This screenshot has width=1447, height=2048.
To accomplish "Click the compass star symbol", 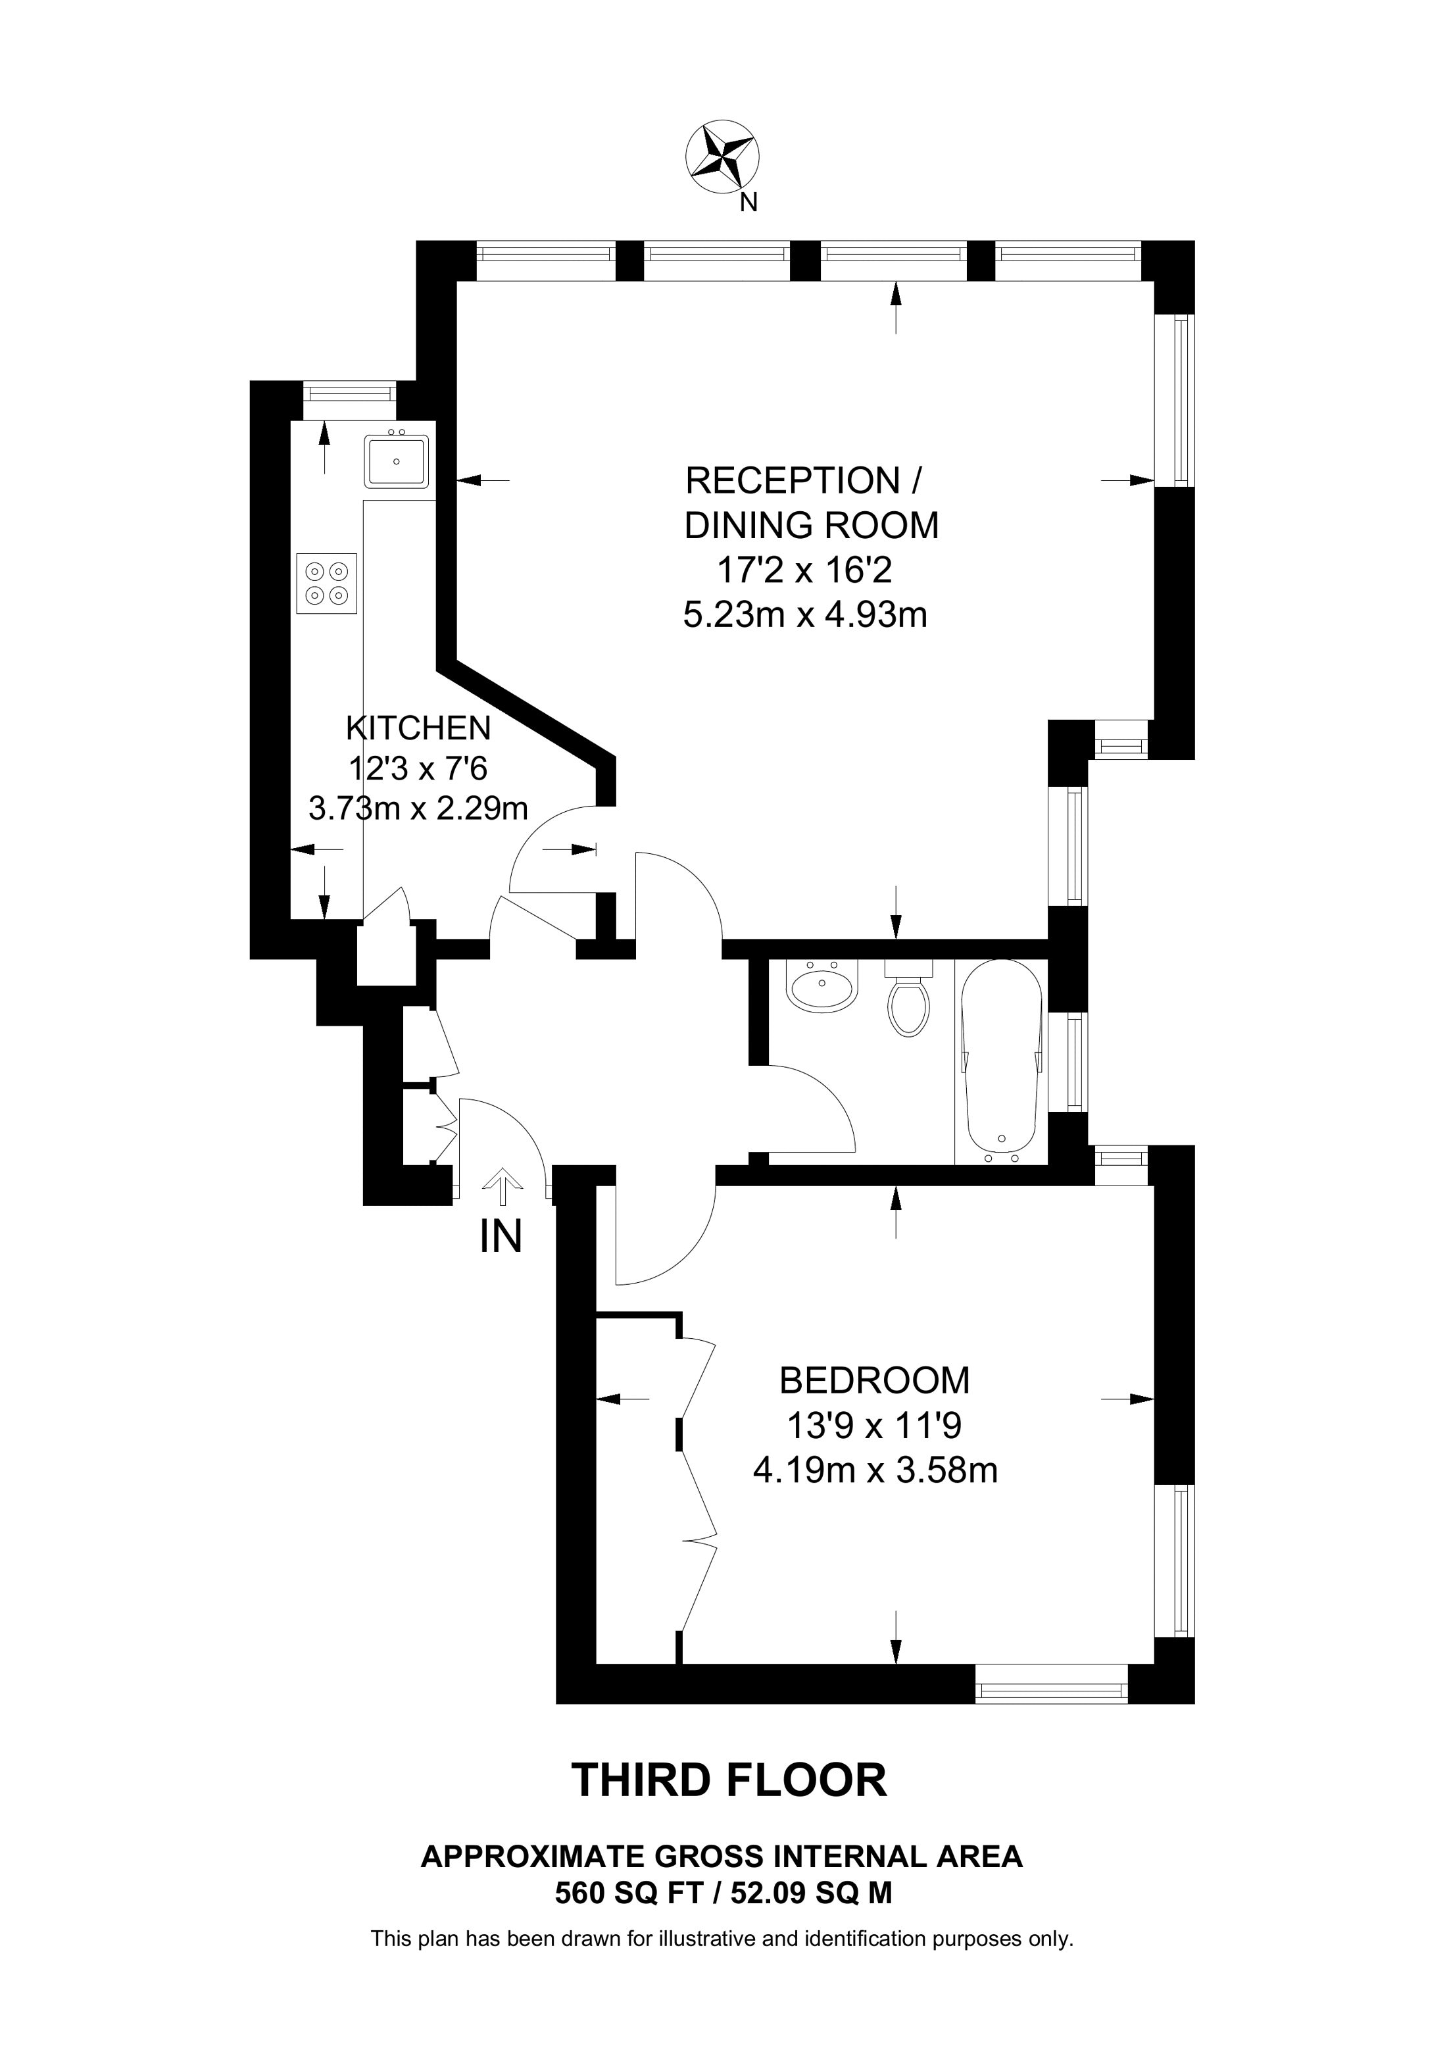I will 722,157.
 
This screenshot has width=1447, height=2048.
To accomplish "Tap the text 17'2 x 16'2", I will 804,570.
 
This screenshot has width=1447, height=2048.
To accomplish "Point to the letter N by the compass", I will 749,203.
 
